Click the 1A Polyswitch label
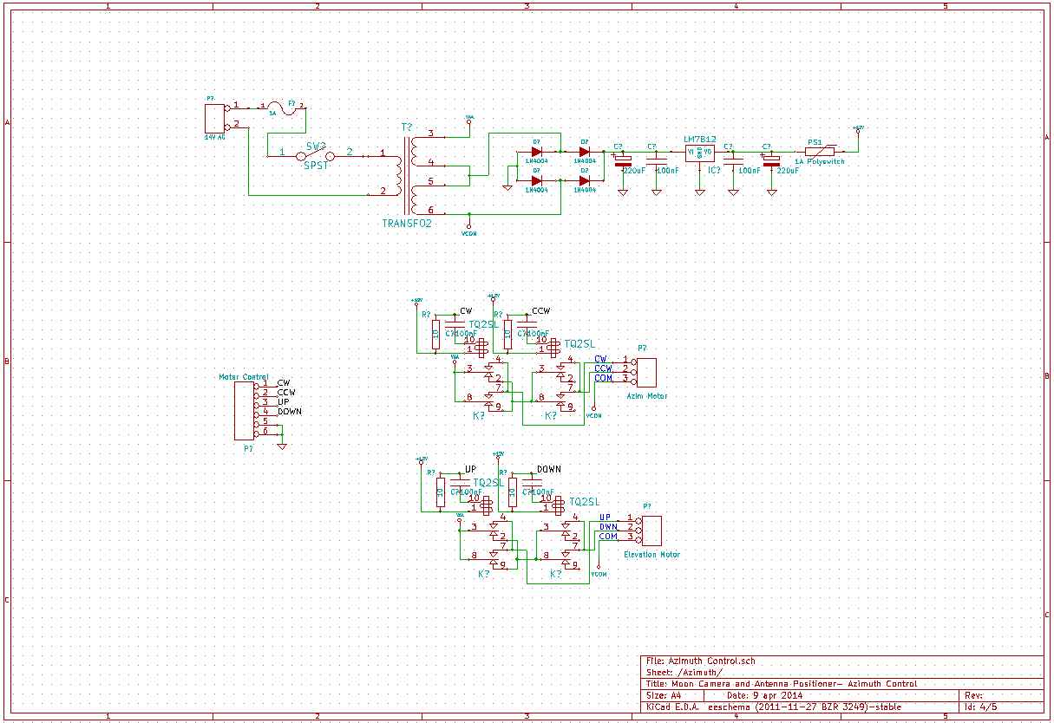pyautogui.click(x=820, y=161)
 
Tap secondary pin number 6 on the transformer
pyautogui.click(x=430, y=210)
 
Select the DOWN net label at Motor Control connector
pyautogui.click(x=290, y=412)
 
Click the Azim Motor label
pyautogui.click(x=647, y=396)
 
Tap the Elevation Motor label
pyautogui.click(x=651, y=555)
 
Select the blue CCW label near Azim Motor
pyautogui.click(x=603, y=368)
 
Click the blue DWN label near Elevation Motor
pyautogui.click(x=608, y=527)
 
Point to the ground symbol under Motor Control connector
pyautogui.click(x=281, y=446)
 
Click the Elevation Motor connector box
pyautogui.click(x=651, y=530)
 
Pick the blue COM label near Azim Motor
pyautogui.click(x=603, y=378)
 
